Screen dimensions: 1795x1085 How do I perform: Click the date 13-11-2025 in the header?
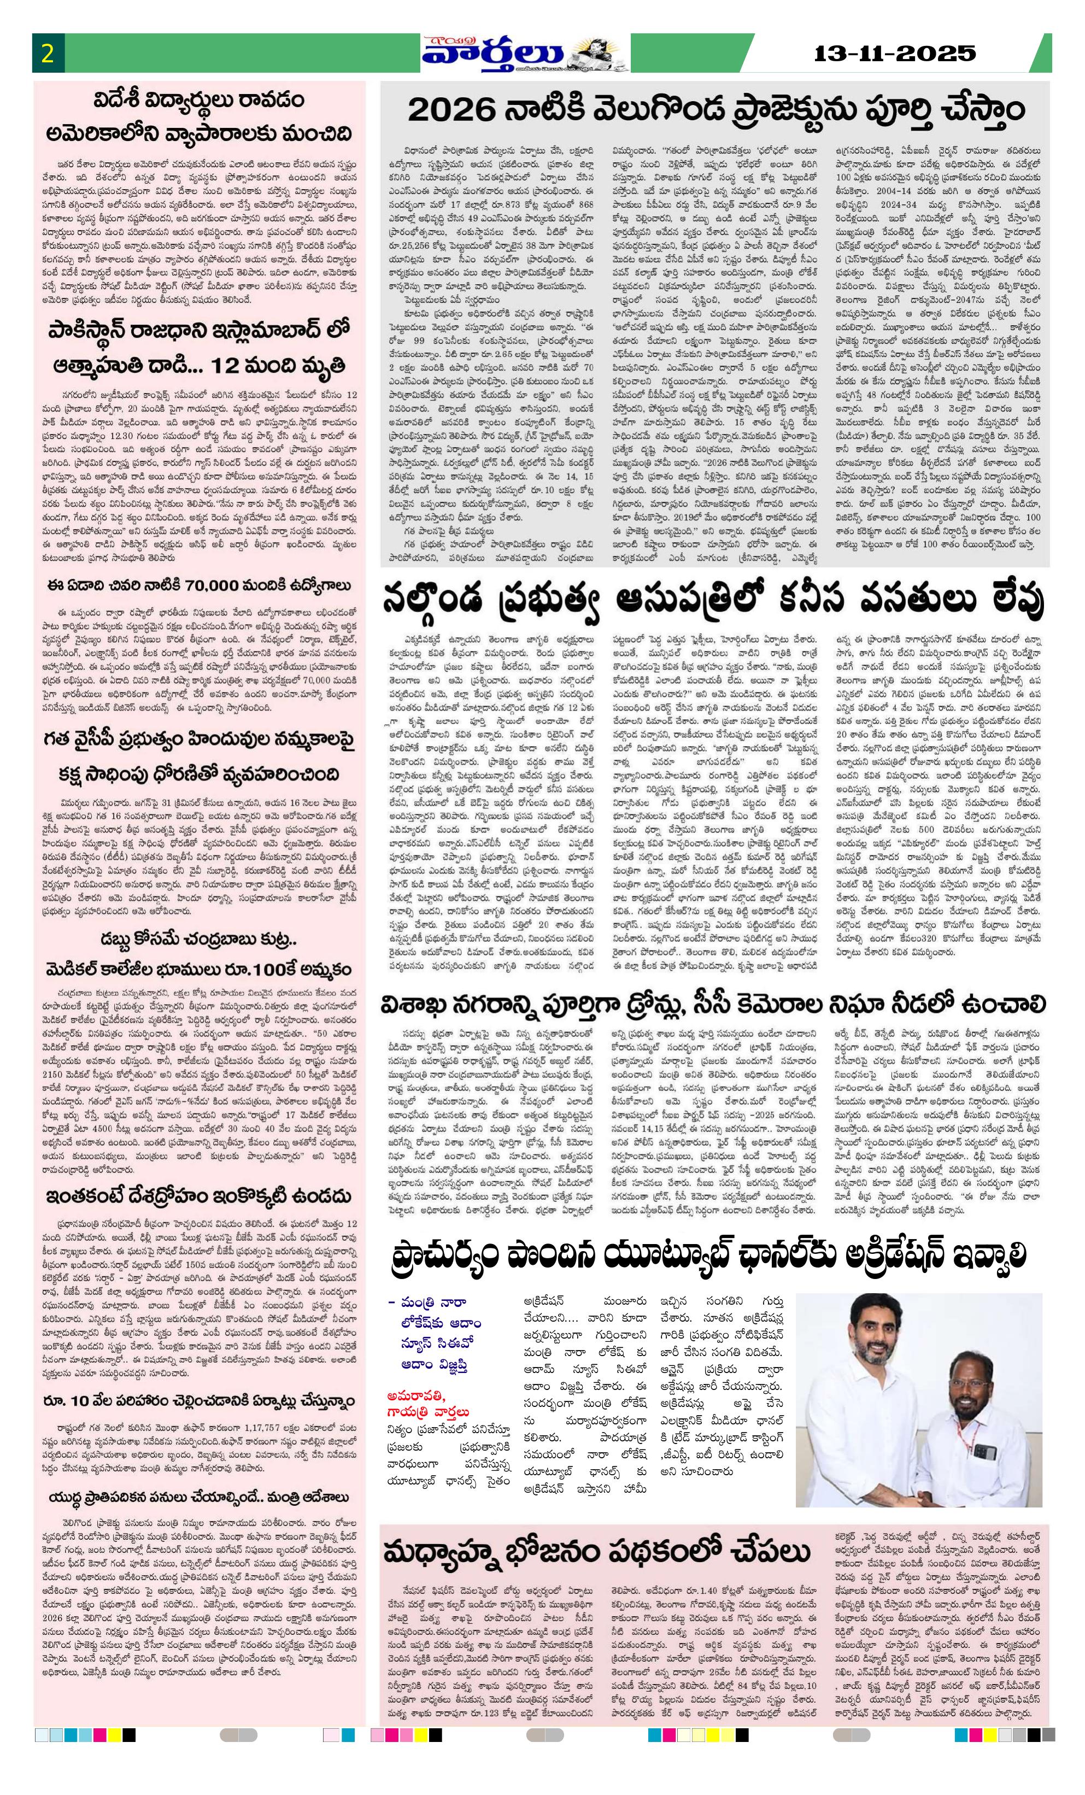click(894, 53)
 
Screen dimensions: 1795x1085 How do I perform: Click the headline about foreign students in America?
click(198, 116)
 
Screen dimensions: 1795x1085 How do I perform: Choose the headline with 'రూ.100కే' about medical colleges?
click(198, 969)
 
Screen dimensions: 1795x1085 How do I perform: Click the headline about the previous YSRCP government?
click(198, 757)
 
